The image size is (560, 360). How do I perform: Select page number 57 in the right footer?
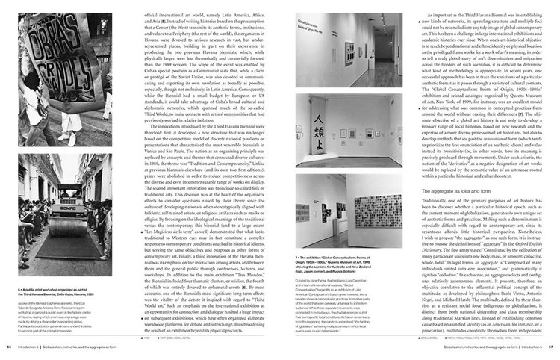550,347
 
